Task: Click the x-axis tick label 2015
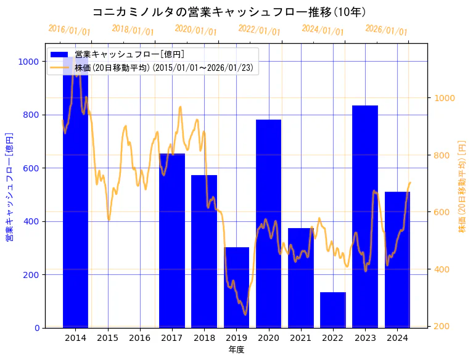point(107,338)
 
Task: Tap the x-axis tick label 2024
point(397,338)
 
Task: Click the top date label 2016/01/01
point(69,30)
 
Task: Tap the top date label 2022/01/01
point(259,30)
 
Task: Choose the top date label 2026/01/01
point(386,30)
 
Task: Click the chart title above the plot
point(229,12)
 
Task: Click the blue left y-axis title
point(9,186)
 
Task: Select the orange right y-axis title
point(462,186)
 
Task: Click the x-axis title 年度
point(236,350)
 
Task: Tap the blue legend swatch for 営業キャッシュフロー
point(60,54)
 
